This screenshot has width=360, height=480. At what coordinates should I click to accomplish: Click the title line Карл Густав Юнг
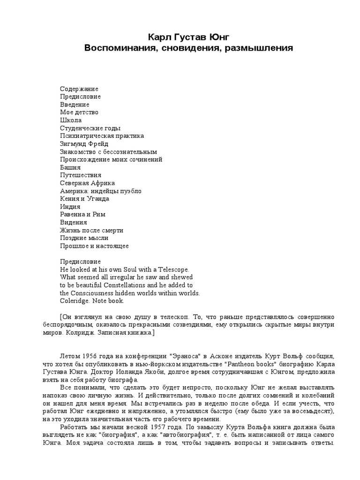click(x=188, y=37)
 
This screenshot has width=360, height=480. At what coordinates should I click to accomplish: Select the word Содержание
click(x=79, y=89)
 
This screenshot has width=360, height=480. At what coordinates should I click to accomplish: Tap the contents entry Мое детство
click(x=79, y=112)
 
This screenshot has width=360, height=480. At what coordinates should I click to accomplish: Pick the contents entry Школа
click(x=71, y=120)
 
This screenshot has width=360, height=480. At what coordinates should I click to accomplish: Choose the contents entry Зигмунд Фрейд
click(x=84, y=143)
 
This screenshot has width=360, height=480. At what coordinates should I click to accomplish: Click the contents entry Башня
click(x=70, y=167)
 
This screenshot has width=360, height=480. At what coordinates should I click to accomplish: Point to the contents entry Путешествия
click(x=81, y=175)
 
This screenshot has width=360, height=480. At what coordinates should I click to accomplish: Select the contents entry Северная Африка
click(x=88, y=183)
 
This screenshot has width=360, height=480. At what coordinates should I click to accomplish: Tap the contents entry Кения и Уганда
click(x=85, y=199)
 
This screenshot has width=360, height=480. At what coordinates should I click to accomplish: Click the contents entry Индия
click(x=70, y=207)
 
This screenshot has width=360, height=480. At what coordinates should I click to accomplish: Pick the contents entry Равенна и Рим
click(x=83, y=214)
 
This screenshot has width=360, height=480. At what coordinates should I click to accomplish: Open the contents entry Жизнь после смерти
click(x=92, y=230)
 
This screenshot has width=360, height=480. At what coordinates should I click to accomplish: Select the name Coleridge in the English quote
click(x=74, y=301)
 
